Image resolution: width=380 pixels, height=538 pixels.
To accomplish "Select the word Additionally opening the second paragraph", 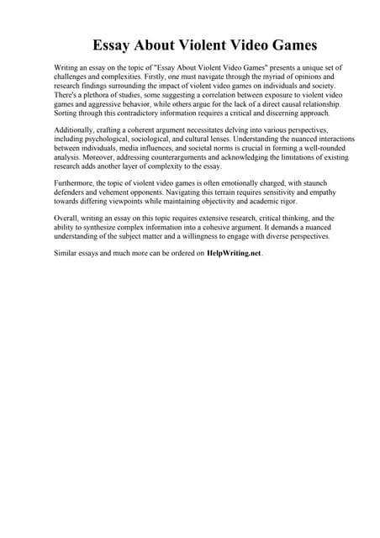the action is [x=77, y=130].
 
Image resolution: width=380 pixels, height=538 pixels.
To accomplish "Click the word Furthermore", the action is [x=78, y=184].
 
